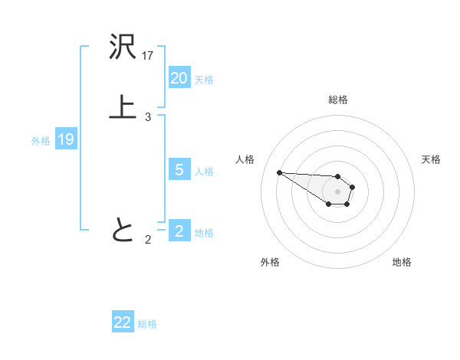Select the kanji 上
(x=123, y=107)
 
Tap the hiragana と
(x=123, y=230)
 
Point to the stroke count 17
(x=148, y=56)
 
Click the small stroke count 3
(x=147, y=117)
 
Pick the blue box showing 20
(x=179, y=78)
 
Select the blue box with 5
(x=179, y=170)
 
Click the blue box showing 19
(x=66, y=139)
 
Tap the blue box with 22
(x=123, y=322)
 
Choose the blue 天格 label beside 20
(x=204, y=79)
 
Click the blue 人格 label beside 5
(x=204, y=171)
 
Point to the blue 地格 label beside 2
(x=204, y=232)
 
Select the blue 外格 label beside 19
(x=41, y=140)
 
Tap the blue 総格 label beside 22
(x=147, y=323)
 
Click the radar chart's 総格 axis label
(x=338, y=100)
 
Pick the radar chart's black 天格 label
(x=431, y=159)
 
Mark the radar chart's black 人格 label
(x=245, y=159)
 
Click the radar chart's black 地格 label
(x=402, y=262)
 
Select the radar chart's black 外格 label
(x=270, y=262)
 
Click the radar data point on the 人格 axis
(x=279, y=172)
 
